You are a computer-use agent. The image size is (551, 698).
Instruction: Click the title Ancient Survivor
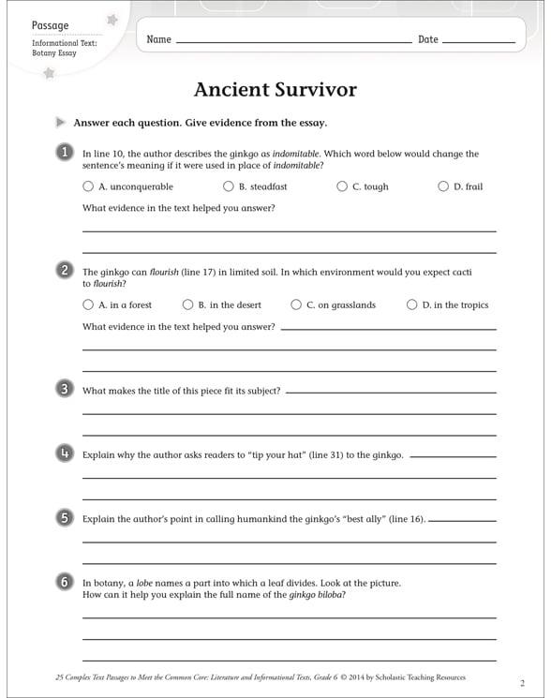275,90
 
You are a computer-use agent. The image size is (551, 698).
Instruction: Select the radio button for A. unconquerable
88,186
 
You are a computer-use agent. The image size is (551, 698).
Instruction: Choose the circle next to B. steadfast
229,186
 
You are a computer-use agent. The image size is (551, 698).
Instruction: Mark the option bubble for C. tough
342,186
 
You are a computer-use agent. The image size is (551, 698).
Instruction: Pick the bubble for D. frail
443,186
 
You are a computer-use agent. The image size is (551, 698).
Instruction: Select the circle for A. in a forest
88,304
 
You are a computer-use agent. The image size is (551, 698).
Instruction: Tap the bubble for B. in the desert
187,304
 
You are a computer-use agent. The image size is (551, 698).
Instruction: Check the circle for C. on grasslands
296,304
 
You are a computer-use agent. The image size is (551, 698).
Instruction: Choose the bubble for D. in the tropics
411,304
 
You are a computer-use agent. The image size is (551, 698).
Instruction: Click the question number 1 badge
64,152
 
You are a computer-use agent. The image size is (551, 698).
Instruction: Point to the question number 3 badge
64,389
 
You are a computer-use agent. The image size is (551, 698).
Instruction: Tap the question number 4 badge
64,453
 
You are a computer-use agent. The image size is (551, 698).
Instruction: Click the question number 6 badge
64,582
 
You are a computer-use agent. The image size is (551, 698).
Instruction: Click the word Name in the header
158,39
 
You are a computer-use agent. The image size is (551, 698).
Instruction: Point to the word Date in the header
427,39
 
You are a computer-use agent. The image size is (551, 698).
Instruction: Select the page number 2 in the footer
522,682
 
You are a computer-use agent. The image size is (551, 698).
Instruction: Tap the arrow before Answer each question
61,122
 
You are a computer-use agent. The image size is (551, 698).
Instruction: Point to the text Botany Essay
53,53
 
